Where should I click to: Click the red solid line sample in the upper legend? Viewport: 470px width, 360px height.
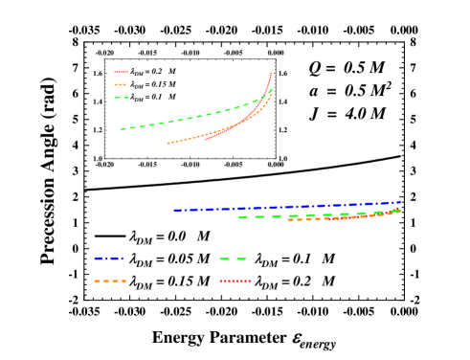pos(121,72)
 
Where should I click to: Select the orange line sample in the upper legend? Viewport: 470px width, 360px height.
pos(121,84)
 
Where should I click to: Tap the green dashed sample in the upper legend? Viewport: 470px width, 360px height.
pos(121,98)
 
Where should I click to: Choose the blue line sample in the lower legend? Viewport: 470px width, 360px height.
pos(108,259)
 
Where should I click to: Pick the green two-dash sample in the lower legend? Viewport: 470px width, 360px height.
pos(233,259)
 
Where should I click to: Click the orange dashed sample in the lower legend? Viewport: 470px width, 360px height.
pos(109,281)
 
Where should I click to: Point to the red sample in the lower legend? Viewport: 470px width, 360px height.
pos(235,281)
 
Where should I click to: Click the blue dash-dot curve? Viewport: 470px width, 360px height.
pos(287,206)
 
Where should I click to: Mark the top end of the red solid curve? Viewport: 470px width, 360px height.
pos(272,72)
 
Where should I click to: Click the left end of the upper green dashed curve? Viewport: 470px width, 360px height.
pos(121,129)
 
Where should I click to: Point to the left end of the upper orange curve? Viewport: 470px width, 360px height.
pos(168,144)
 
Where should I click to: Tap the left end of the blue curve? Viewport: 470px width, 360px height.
pos(175,210)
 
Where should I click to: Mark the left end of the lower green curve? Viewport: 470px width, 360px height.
pos(239,217)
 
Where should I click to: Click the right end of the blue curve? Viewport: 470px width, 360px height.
pos(399,202)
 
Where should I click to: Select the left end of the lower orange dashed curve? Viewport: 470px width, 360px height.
pos(288,219)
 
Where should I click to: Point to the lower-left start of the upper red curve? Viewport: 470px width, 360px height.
pos(204,140)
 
